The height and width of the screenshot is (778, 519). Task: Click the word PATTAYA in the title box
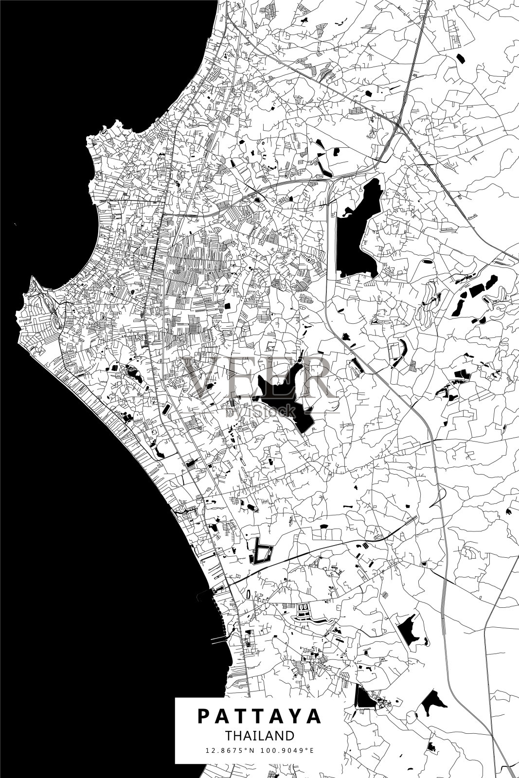[x=259, y=716]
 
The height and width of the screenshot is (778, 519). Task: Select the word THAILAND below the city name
[x=259, y=735]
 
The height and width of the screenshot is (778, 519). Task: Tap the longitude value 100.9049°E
[x=288, y=750]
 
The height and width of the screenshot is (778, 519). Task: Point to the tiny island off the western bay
[x=16, y=224]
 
